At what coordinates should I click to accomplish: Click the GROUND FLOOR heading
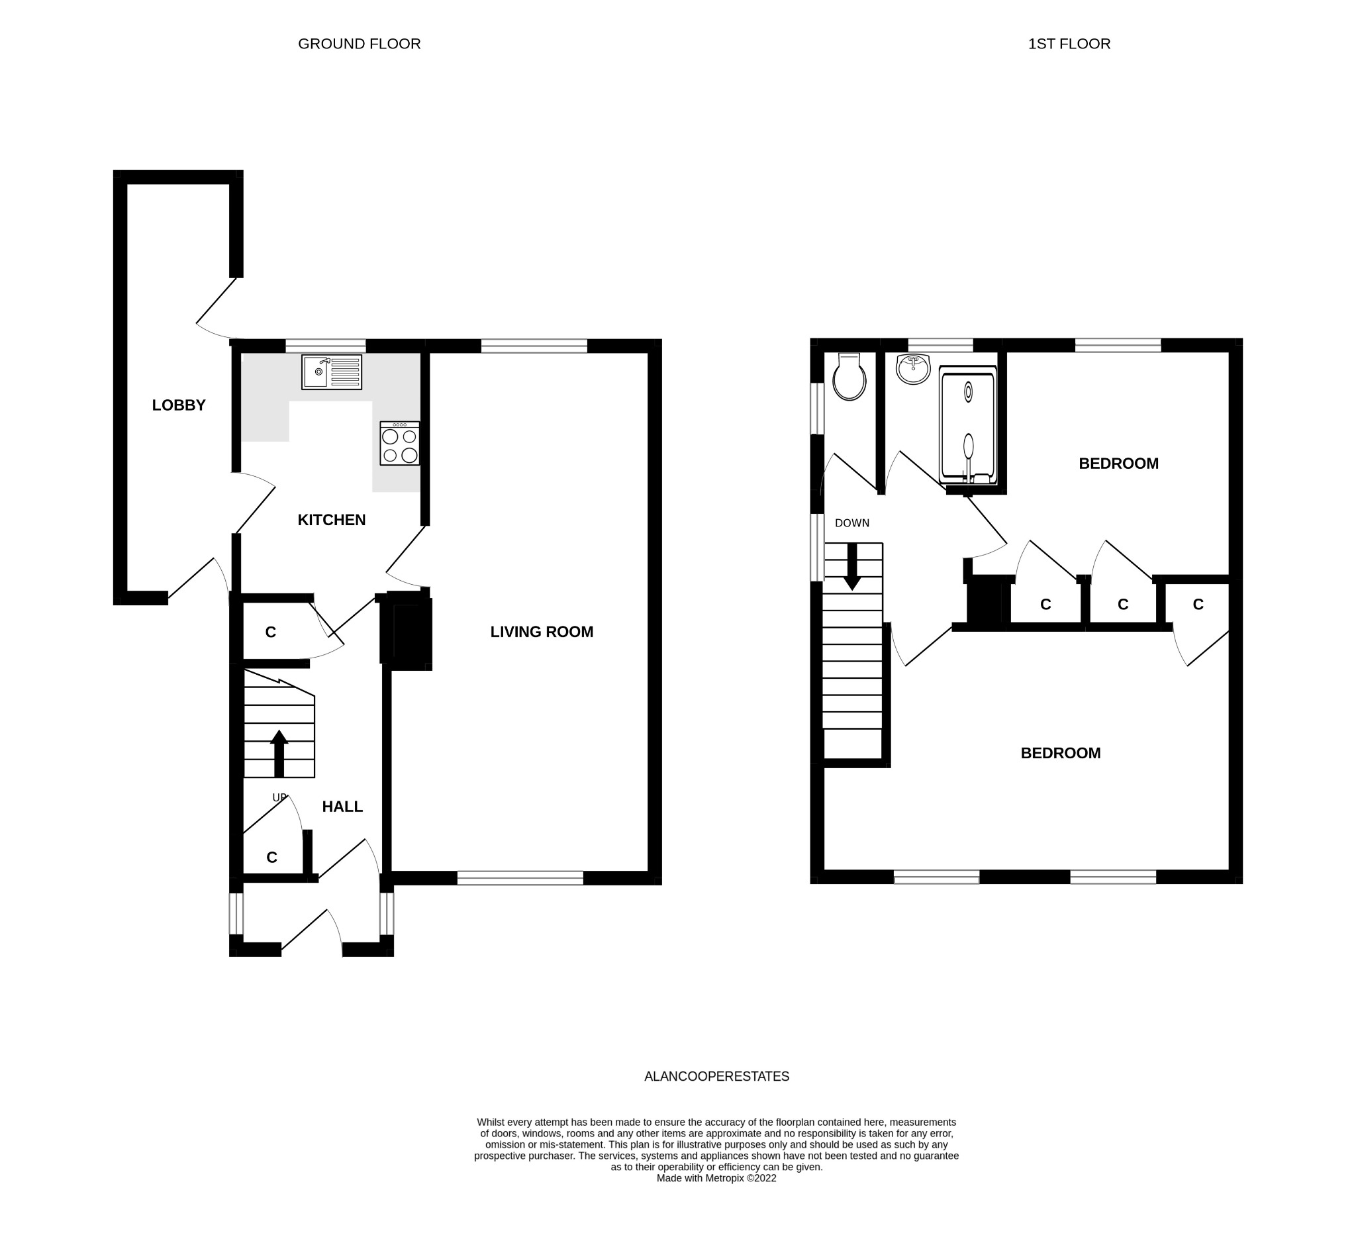359,44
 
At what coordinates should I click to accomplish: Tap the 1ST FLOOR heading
1069,44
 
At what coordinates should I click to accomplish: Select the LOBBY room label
179,405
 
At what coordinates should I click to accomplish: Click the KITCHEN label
332,520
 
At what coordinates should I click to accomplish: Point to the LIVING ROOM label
542,632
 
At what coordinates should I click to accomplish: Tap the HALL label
342,807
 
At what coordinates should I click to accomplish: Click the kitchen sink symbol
332,372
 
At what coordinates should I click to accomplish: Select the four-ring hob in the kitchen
399,443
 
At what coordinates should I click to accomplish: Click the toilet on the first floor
849,377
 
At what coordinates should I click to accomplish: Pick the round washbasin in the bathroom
914,370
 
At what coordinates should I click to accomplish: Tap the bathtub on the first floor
968,426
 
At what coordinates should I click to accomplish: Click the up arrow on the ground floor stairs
279,754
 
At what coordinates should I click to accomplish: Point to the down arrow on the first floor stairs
852,566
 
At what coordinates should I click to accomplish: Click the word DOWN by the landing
852,522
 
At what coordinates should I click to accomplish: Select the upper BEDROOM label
1118,464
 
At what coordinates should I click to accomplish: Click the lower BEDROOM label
1061,754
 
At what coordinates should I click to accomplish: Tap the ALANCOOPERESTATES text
717,1076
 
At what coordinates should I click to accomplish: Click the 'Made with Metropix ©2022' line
716,1177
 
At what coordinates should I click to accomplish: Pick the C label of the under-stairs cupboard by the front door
271,858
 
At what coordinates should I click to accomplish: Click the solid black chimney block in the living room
407,631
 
